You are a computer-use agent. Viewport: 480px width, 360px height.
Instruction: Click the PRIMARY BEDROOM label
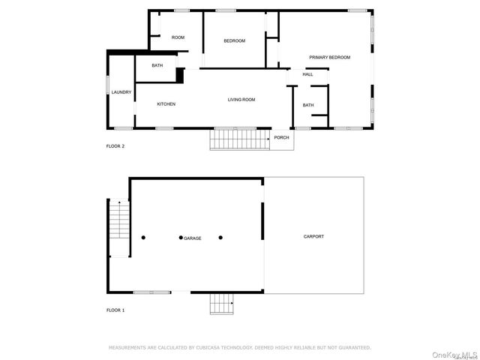tap(330, 57)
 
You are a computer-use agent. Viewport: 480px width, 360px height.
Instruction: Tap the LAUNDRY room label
tap(121, 92)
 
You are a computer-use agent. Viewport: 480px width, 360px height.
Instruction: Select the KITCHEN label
tap(166, 104)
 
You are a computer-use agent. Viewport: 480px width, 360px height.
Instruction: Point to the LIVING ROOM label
tap(241, 100)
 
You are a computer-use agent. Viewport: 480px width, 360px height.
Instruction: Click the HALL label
tap(307, 74)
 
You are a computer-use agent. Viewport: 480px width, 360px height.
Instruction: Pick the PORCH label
tap(281, 138)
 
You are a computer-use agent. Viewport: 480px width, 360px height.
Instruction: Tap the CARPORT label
tap(313, 237)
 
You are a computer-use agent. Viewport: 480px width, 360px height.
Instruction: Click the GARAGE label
tap(193, 238)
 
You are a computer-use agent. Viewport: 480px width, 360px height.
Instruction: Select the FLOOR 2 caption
tap(115, 146)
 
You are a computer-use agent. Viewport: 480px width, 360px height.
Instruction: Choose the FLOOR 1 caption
tap(115, 310)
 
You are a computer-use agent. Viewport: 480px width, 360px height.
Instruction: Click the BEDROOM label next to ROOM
tap(234, 40)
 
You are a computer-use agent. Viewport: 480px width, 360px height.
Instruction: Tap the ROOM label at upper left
tap(178, 37)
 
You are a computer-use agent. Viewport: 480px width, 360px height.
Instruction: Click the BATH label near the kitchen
tap(157, 65)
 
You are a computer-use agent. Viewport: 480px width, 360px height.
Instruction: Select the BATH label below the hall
tap(308, 105)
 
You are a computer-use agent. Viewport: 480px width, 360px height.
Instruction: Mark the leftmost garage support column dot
tap(143, 238)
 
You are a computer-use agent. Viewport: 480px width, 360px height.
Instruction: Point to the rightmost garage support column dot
tap(220, 238)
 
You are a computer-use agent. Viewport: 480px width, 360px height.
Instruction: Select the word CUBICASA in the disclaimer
tap(212, 348)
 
